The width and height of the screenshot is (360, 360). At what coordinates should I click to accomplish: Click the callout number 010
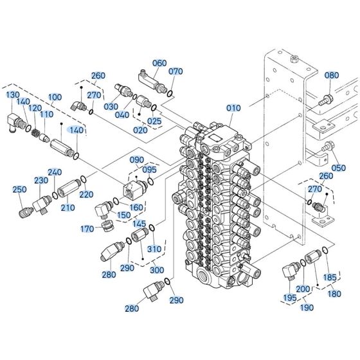pos(233,109)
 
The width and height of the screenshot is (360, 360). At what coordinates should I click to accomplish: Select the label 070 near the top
pos(175,71)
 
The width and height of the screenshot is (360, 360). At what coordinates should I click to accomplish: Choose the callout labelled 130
pos(14,94)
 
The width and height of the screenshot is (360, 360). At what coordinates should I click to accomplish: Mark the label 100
pos(55,97)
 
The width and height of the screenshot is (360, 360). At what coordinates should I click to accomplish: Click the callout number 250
pos(19,189)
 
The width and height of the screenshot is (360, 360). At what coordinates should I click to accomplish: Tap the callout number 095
pos(149,170)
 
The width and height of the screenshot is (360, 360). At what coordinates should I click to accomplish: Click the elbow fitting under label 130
pos(17,120)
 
